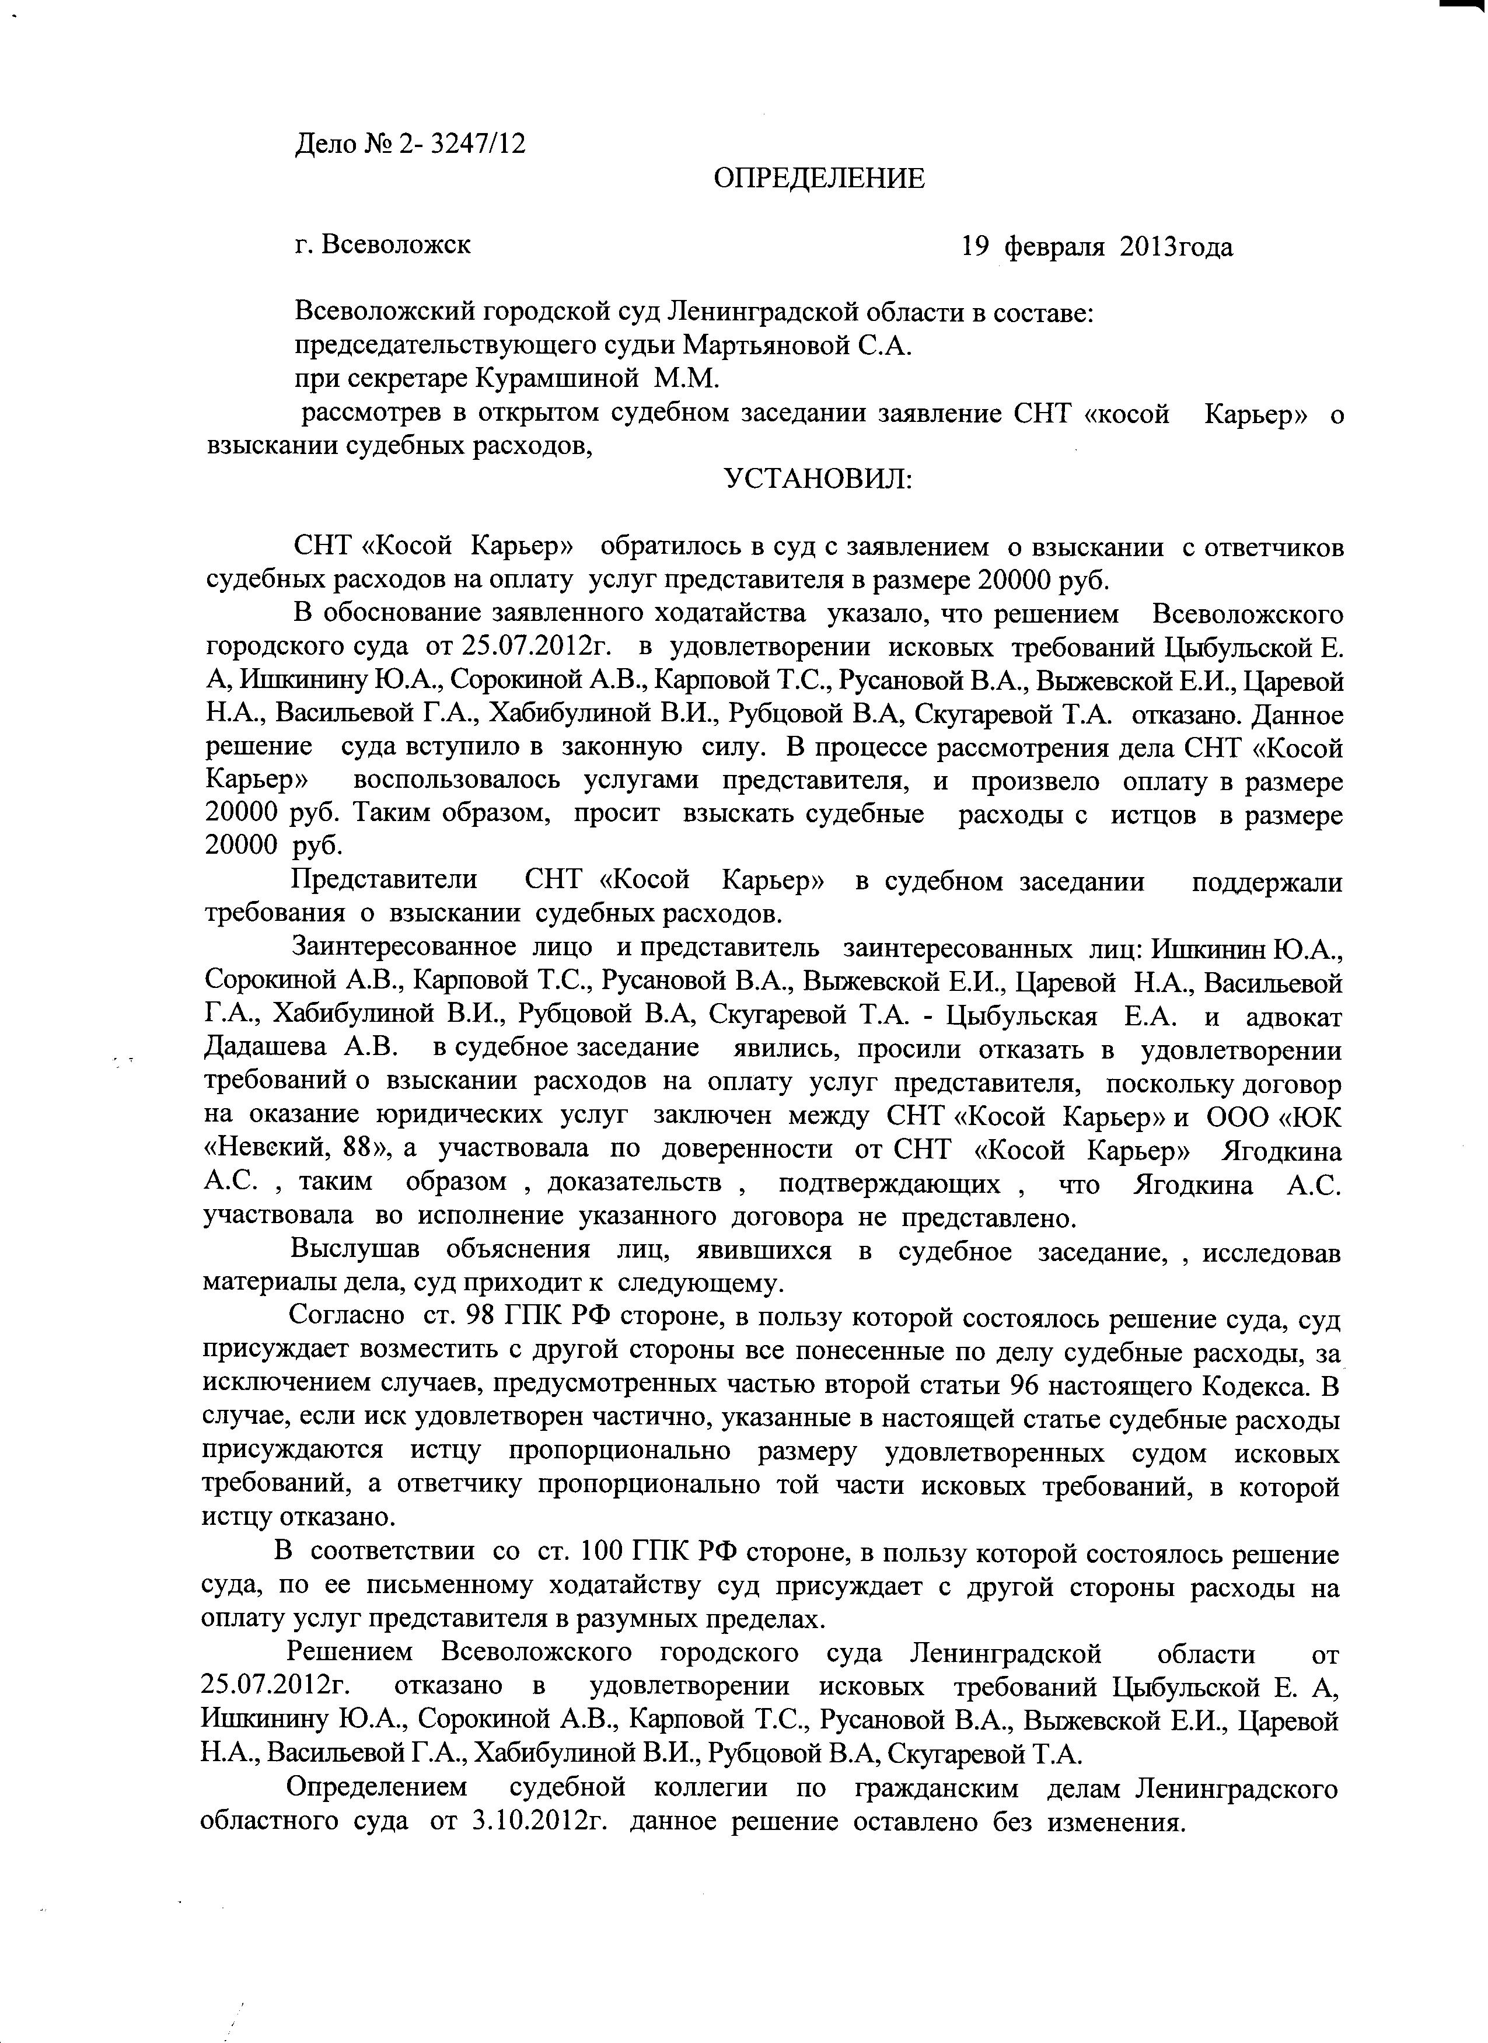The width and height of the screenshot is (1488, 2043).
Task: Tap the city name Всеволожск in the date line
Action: pyautogui.click(x=396, y=244)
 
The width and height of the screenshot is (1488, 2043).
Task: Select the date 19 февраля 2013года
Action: pyautogui.click(x=1096, y=246)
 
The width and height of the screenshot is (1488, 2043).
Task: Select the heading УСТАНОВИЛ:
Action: pyautogui.click(x=818, y=479)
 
